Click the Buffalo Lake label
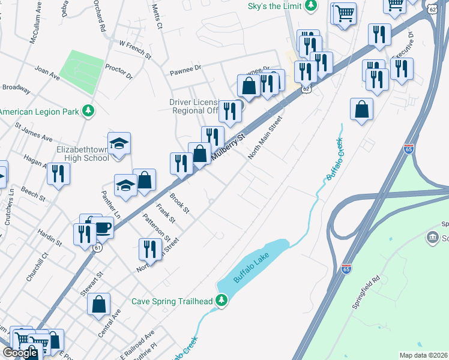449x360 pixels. (x=249, y=269)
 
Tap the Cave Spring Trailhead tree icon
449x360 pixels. (x=222, y=300)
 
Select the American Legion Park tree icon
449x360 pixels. (x=88, y=111)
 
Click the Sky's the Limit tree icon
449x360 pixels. (x=310, y=6)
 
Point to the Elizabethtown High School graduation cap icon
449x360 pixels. (x=119, y=143)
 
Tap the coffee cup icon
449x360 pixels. (x=103, y=227)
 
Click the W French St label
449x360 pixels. (x=135, y=49)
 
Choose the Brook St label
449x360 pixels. (x=179, y=203)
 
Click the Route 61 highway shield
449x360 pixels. (x=97, y=247)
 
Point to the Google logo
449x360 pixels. (x=20, y=353)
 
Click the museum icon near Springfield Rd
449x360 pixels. (x=432, y=239)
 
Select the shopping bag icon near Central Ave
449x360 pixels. (x=99, y=304)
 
